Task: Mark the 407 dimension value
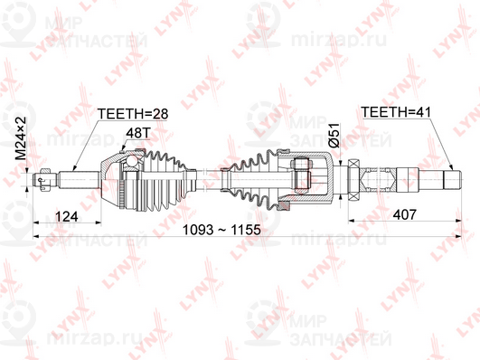407,214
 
